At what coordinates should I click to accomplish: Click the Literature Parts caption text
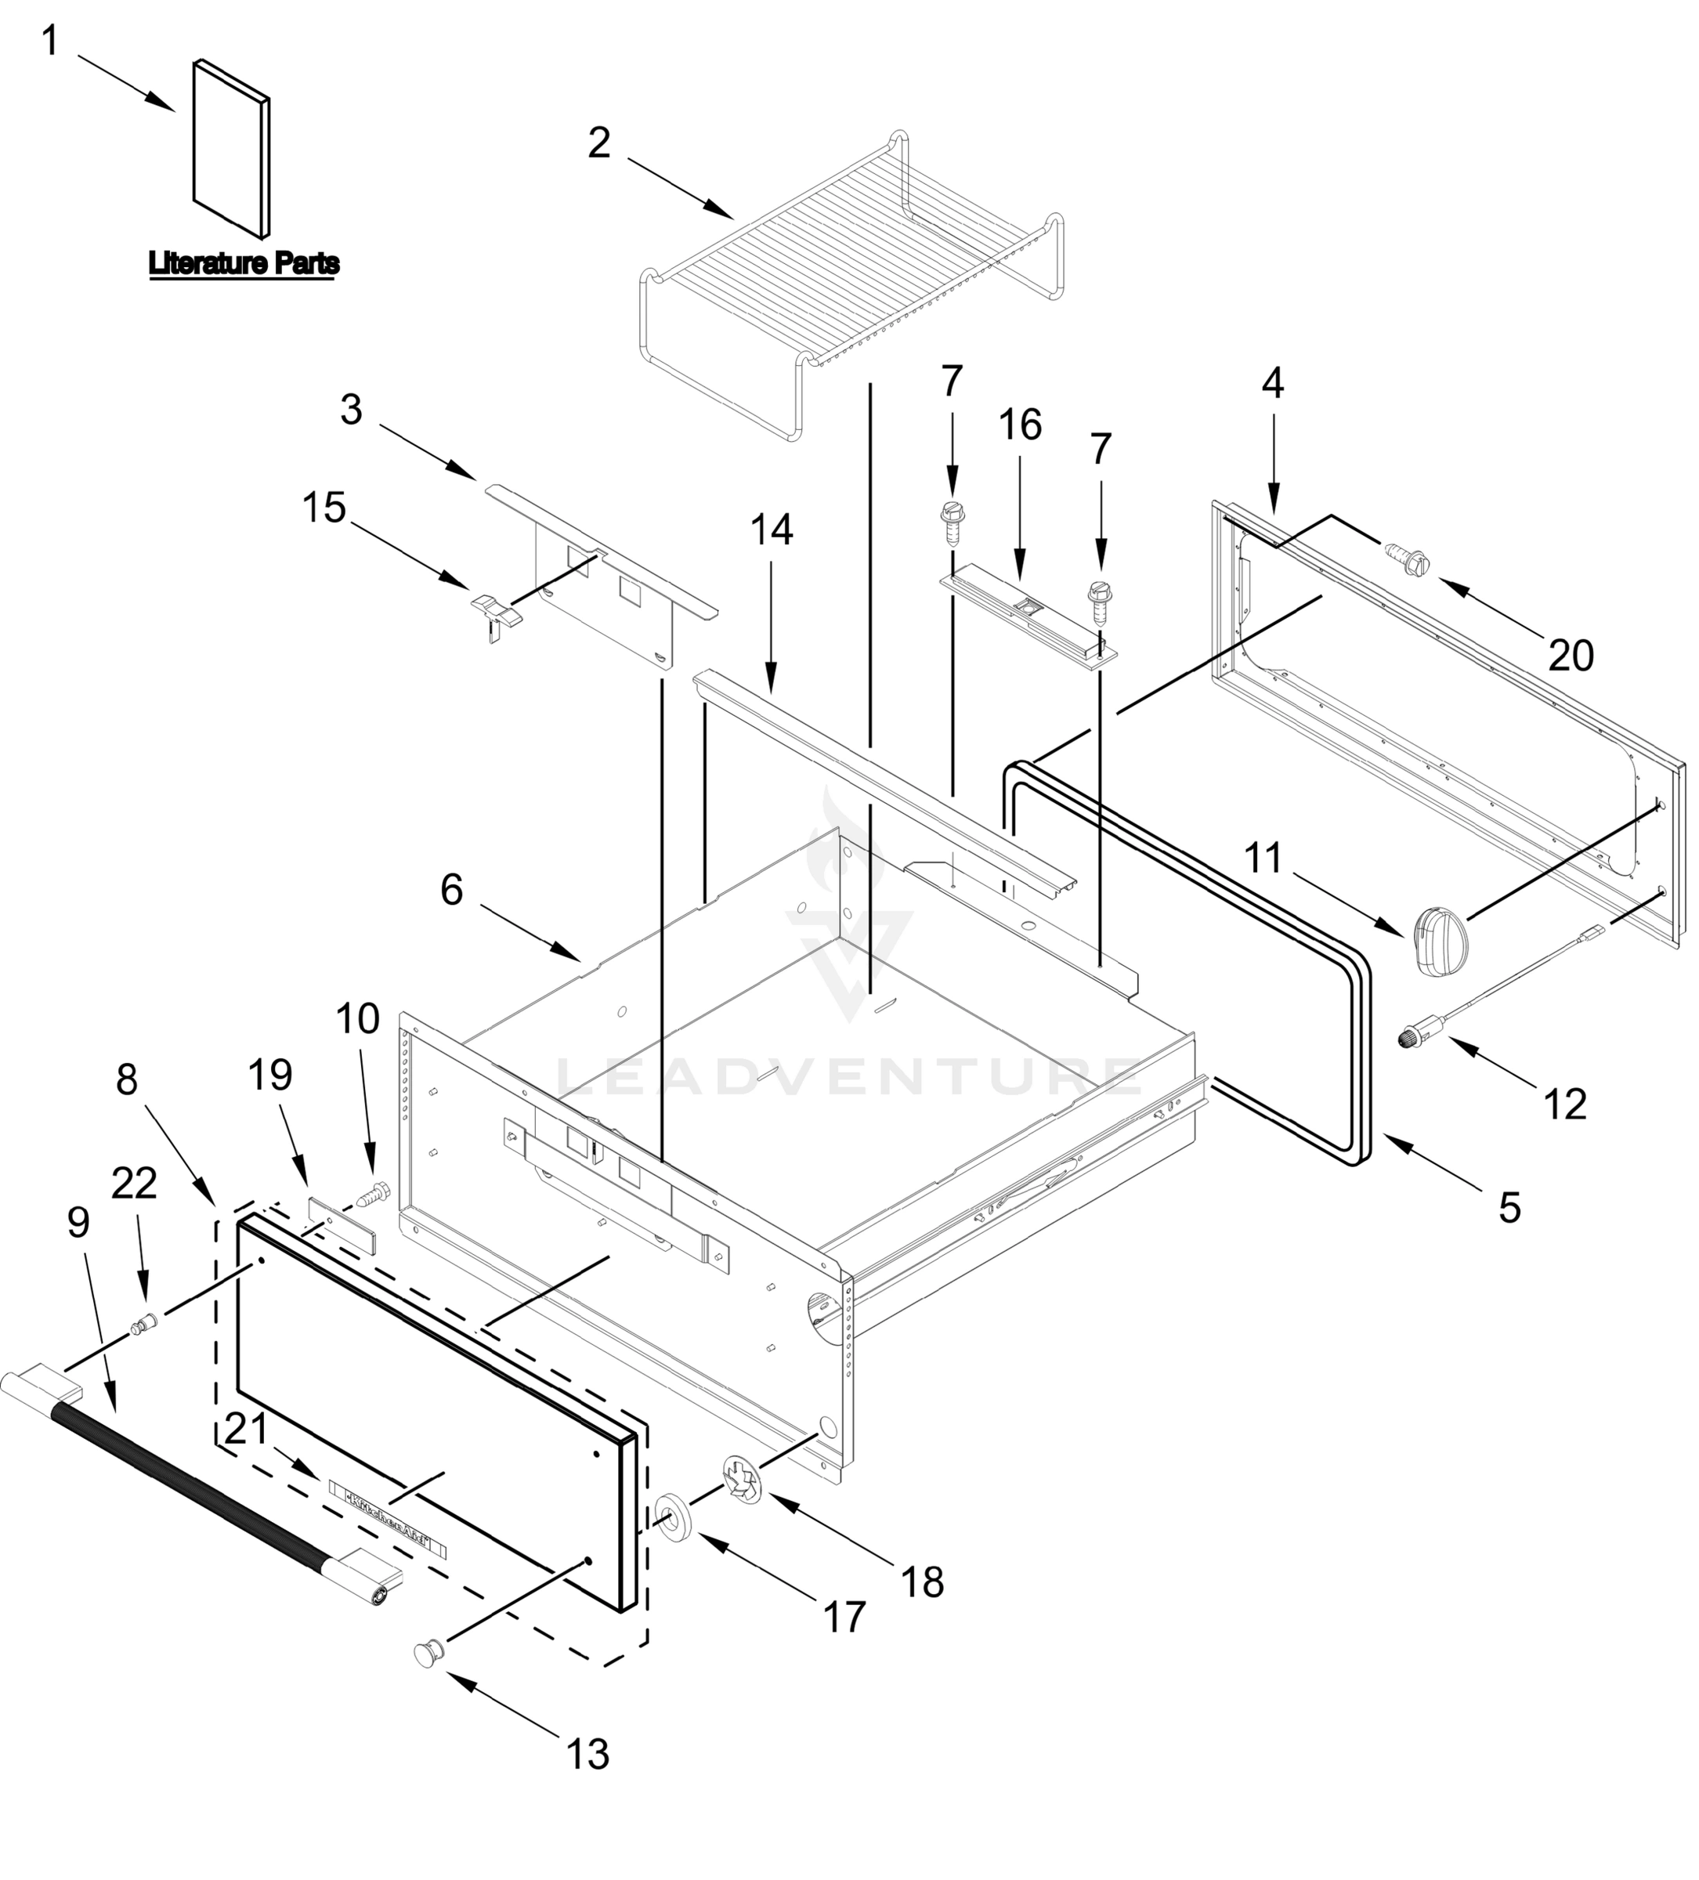244,264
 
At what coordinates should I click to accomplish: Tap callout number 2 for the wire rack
598,143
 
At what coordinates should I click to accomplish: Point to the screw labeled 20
1408,559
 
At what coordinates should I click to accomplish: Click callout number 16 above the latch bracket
1019,425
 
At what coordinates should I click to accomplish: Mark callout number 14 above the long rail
772,530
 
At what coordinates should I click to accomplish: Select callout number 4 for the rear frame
1272,383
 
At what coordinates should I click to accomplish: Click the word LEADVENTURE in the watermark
848,1077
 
